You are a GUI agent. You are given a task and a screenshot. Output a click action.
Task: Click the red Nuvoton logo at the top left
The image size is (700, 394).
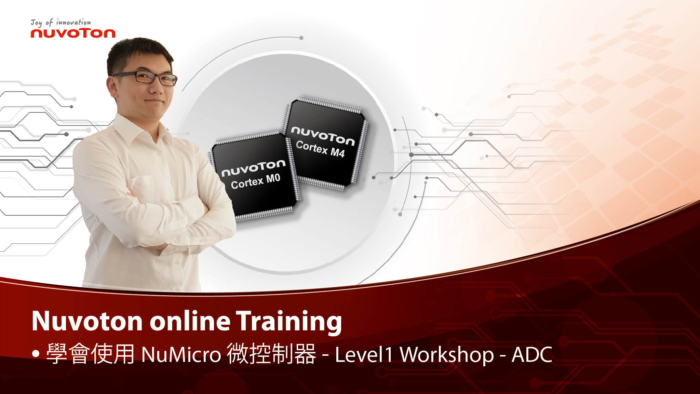click(73, 33)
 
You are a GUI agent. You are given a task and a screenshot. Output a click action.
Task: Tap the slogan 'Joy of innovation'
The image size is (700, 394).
click(61, 23)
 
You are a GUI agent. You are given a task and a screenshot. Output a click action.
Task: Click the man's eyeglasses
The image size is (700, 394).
click(145, 77)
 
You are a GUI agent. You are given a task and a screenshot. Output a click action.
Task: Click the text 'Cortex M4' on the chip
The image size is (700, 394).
click(320, 149)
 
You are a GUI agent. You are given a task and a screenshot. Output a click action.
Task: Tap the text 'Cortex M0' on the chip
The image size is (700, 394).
click(256, 181)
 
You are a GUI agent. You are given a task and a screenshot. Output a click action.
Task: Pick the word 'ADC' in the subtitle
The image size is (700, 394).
click(532, 355)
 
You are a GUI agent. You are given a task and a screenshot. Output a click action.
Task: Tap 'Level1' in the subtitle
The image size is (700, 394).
click(364, 354)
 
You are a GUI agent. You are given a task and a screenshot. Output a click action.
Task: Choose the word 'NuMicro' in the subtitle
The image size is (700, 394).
click(181, 354)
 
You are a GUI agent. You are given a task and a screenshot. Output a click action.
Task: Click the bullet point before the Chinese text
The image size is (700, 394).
click(36, 354)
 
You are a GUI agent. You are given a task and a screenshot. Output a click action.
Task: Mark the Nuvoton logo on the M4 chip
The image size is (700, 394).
click(323, 135)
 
